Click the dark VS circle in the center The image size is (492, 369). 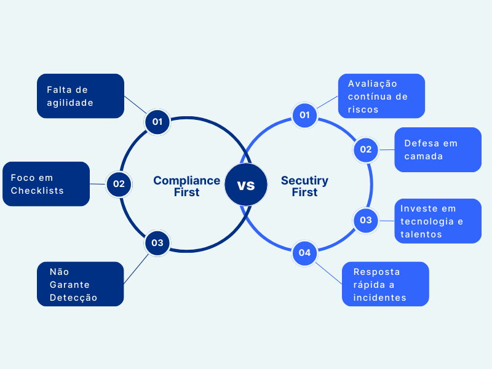pos(246,184)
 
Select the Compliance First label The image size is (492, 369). pos(186,186)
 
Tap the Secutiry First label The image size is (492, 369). pos(304,186)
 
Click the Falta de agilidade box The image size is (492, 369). pos(81,96)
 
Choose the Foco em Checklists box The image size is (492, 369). pos(46,184)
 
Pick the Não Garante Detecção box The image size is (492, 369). pos(81,284)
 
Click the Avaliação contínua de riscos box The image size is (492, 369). pos(381,96)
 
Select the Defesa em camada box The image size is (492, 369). pos(438,149)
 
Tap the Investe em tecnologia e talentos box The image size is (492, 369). pos(438,221)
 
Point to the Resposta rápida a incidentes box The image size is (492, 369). pos(385,284)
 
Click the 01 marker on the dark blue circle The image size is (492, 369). pos(157,121)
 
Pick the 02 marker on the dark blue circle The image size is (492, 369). pos(119,184)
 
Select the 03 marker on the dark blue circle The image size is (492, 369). pos(157,243)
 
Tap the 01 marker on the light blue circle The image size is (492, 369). pos(304,115)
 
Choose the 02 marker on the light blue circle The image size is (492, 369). pos(366,149)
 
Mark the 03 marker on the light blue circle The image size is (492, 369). pos(366,220)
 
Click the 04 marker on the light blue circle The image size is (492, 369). pos(304,253)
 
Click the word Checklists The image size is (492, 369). pos(38,191)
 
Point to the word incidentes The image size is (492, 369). pos(379,298)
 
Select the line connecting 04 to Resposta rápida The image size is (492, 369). pos(330,269)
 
